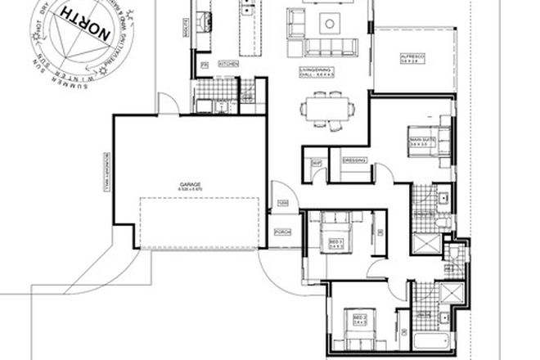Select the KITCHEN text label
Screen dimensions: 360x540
point(229,62)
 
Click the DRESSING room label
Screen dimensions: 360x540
point(353,160)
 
